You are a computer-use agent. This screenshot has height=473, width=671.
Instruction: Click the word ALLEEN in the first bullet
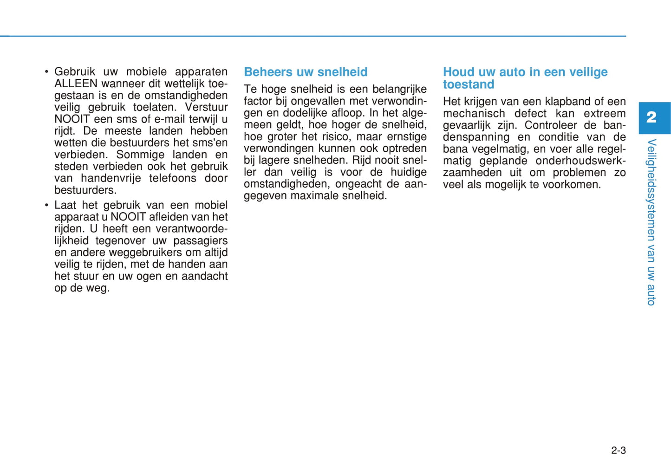[x=76, y=84]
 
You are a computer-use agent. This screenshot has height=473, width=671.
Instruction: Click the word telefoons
[x=173, y=179]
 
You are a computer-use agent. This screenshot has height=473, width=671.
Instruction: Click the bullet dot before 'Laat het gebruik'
[x=46, y=205]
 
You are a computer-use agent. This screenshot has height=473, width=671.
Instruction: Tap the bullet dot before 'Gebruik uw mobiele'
[x=46, y=72]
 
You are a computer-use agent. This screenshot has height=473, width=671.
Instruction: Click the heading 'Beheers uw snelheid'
[x=306, y=72]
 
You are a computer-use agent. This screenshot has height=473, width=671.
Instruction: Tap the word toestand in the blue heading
[x=469, y=84]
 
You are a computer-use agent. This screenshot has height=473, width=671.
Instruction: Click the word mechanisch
[x=474, y=114]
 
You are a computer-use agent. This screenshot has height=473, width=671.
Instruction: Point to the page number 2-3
[x=618, y=450]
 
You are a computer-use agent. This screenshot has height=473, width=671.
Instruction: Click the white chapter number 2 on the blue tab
[x=651, y=117]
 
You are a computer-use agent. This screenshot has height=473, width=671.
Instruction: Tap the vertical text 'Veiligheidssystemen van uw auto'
[x=651, y=222]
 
